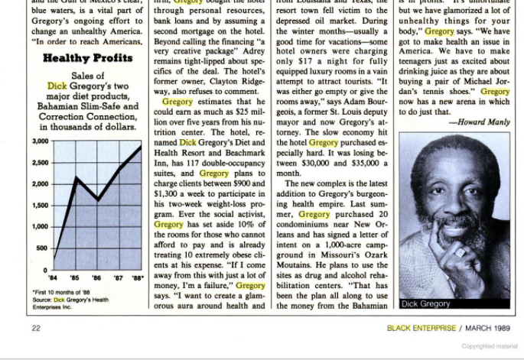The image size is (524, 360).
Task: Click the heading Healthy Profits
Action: pyautogui.click(x=86, y=58)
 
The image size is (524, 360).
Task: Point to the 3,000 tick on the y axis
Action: pyautogui.click(x=41, y=141)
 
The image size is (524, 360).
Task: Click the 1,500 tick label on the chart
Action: pyautogui.click(x=41, y=206)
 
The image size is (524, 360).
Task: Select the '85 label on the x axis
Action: pyautogui.click(x=74, y=278)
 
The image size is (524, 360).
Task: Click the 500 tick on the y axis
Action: pyautogui.click(x=43, y=248)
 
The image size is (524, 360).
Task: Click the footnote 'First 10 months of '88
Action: pyautogui.click(x=61, y=291)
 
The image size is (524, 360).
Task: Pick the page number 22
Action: pyautogui.click(x=36, y=329)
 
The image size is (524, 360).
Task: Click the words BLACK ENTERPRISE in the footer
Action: pyautogui.click(x=420, y=329)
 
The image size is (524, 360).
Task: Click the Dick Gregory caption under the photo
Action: pyautogui.click(x=425, y=303)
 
